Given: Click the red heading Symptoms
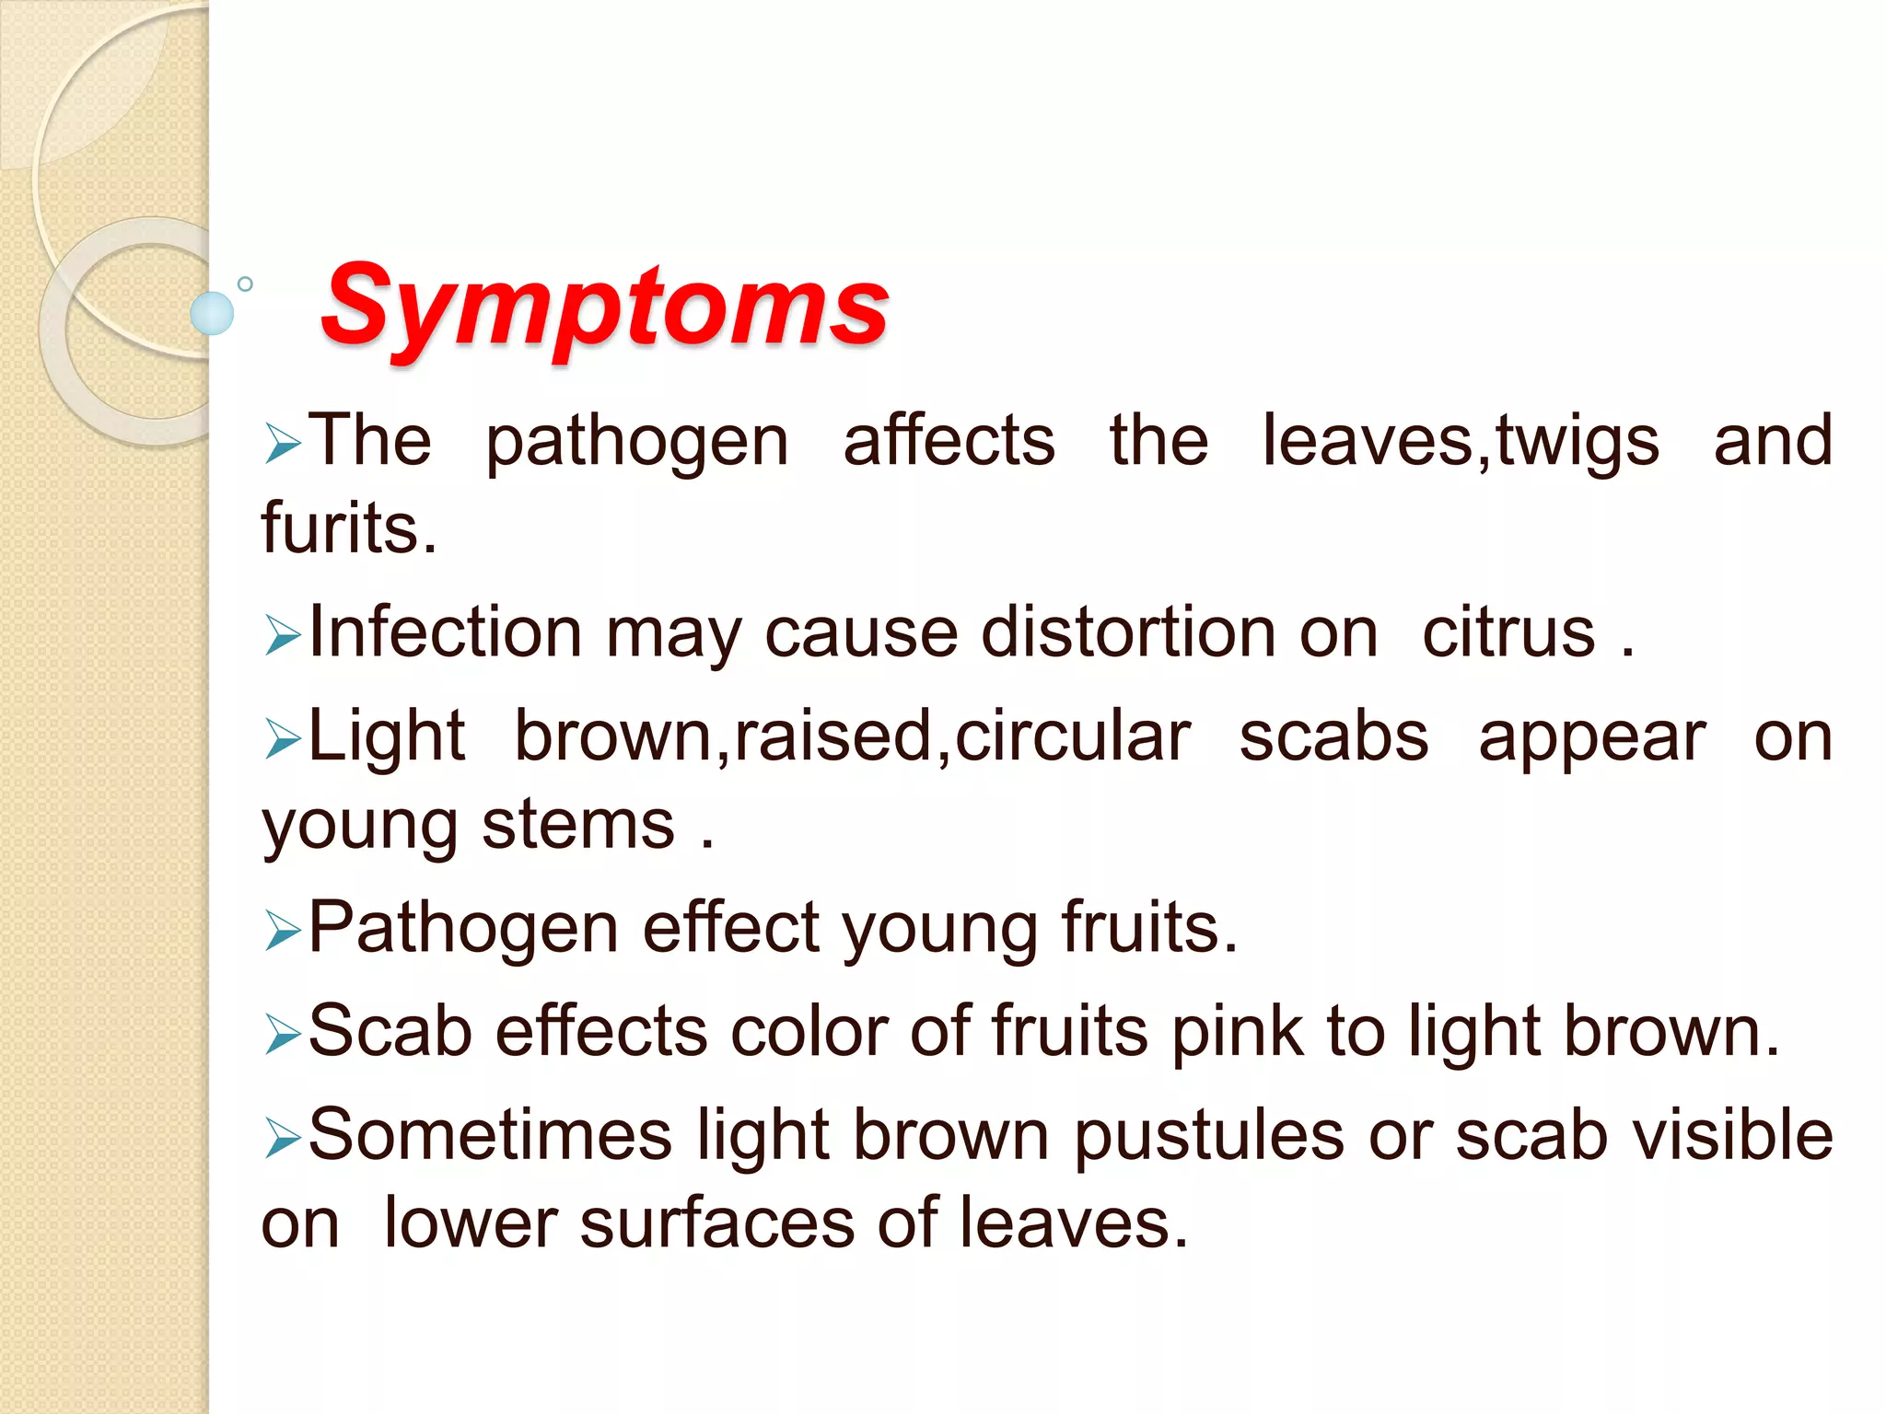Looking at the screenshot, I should (x=604, y=306).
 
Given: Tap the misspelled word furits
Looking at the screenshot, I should (x=349, y=527).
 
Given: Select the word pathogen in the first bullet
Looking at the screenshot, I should (x=636, y=442).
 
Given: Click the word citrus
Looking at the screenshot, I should (x=1508, y=633).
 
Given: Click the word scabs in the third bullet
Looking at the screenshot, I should (x=1333, y=736).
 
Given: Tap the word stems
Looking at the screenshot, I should (x=578, y=824).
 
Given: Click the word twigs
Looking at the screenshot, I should (x=1577, y=442).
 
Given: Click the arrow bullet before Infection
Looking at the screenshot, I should (x=282, y=635).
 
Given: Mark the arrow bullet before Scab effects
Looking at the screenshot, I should (x=282, y=1034).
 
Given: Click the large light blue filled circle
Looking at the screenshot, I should (x=212, y=313).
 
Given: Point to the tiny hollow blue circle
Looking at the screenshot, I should (x=245, y=284).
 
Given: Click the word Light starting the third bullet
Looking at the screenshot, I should (x=387, y=736).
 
